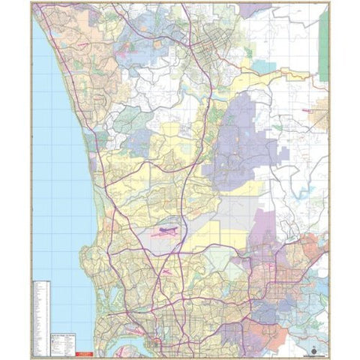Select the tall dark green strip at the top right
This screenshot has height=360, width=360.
323,44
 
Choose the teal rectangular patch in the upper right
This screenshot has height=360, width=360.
263,66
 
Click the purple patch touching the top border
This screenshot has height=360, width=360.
255,10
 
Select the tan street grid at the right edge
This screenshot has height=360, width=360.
319,116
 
